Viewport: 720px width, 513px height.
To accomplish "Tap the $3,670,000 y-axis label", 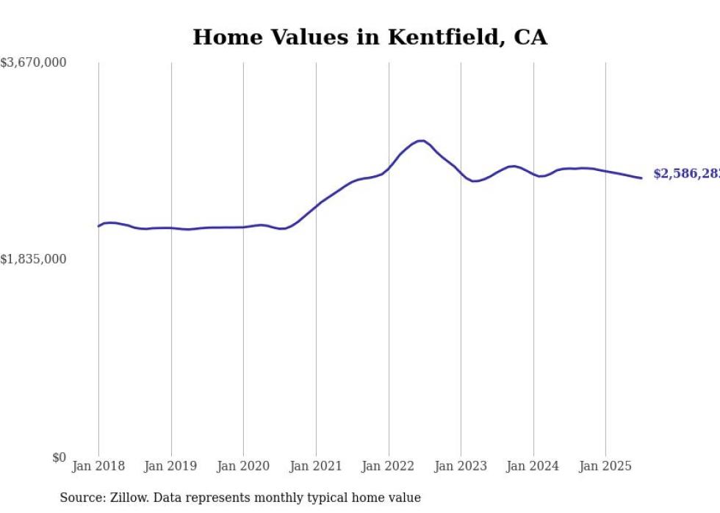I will tap(33, 63).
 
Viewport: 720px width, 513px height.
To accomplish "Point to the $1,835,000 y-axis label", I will tap(33, 259).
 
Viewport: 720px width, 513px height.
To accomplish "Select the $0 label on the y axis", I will tap(59, 457).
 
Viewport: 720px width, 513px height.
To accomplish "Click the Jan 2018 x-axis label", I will tap(98, 466).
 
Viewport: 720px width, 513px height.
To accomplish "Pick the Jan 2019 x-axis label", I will tap(170, 466).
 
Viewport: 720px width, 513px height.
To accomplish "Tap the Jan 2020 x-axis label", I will tap(243, 466).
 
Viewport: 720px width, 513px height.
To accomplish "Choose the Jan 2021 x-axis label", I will tap(316, 466).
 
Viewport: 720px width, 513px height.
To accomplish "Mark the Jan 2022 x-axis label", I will tap(389, 466).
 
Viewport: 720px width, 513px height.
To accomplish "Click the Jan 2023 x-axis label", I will tap(461, 466).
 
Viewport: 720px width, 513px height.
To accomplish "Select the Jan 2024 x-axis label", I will tap(533, 466).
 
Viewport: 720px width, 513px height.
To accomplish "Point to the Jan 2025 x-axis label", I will tap(605, 466).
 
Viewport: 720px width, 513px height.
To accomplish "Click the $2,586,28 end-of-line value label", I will tap(685, 174).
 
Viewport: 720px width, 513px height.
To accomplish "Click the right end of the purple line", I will tap(641, 178).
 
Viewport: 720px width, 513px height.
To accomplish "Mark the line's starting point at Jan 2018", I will tap(98, 226).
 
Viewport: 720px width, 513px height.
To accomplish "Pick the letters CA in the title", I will tap(530, 37).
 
